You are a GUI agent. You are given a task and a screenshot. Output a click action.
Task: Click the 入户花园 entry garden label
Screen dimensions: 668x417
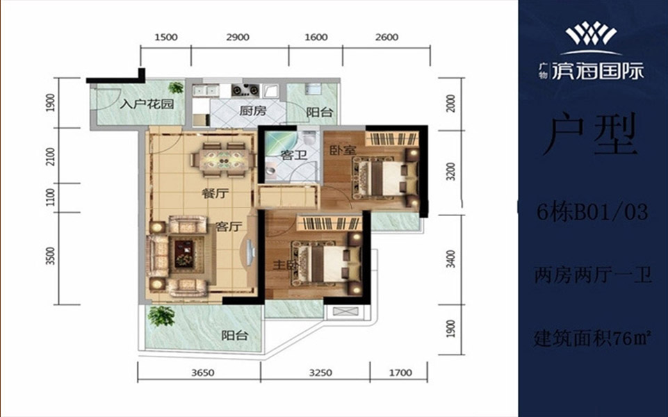tap(147, 104)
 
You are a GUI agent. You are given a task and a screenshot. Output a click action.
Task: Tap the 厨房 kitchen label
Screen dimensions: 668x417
tap(252, 111)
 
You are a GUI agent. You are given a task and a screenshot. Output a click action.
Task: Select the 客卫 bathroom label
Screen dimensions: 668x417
tap(294, 154)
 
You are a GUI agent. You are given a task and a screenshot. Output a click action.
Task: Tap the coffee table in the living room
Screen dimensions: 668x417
tap(184, 254)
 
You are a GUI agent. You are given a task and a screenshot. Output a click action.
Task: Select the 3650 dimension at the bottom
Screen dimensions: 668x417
tap(203, 373)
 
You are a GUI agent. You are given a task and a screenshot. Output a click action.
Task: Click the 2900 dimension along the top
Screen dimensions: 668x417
tap(238, 38)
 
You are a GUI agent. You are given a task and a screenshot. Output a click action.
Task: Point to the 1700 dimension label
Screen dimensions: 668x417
tap(400, 373)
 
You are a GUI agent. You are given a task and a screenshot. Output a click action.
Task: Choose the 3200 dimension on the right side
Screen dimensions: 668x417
tap(452, 171)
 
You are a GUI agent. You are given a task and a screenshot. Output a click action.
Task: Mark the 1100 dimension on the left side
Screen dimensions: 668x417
tap(51, 197)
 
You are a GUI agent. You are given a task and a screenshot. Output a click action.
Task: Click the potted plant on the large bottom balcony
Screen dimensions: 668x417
tap(161, 316)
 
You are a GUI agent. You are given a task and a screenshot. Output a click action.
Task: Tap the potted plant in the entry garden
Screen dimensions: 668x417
tap(176, 88)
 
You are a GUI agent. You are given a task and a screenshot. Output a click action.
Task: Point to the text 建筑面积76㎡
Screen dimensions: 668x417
tap(592, 338)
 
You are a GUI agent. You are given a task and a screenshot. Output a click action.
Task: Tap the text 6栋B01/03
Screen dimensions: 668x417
tap(592, 211)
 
